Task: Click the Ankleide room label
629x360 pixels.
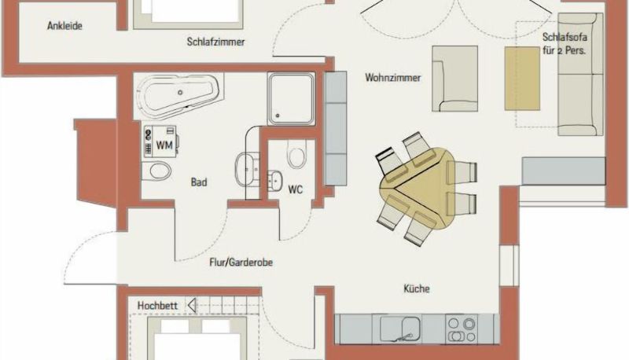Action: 64,26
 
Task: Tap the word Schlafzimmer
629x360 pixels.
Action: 215,42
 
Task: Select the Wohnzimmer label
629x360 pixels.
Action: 392,77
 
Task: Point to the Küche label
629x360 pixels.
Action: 417,288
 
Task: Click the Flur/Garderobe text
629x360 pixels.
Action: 241,263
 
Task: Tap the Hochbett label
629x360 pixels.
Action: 157,306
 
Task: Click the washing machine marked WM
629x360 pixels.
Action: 161,141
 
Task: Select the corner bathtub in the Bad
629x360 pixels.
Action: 179,96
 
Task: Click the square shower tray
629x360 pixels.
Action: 291,98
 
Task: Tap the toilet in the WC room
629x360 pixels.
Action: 296,154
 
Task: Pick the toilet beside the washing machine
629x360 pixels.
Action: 156,171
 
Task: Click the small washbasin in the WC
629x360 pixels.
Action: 275,182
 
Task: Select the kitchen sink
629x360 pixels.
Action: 400,329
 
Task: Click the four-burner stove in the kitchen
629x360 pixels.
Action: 462,329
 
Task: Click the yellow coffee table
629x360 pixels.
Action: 521,78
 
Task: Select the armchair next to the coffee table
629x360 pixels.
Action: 455,79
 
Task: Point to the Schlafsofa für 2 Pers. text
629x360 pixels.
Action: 565,44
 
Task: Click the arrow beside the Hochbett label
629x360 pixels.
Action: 192,306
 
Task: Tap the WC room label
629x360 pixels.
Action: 296,189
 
